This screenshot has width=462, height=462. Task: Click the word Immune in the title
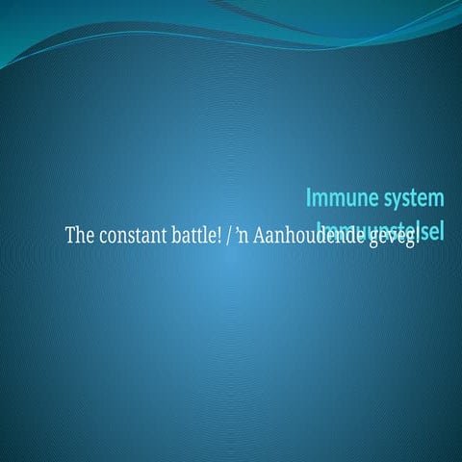pyautogui.click(x=337, y=198)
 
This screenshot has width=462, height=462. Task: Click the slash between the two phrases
pyautogui.click(x=228, y=236)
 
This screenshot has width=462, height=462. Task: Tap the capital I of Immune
pyautogui.click(x=310, y=198)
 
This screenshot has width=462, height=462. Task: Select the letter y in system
pyautogui.click(x=392, y=200)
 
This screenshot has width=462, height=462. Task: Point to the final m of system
pyautogui.click(x=436, y=199)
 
